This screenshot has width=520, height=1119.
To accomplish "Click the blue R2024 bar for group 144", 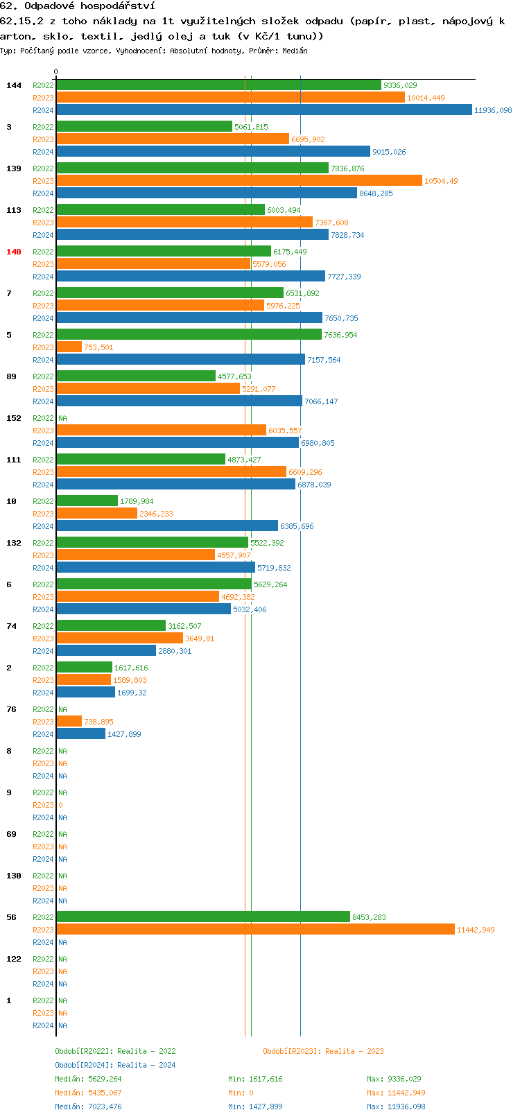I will [263, 110].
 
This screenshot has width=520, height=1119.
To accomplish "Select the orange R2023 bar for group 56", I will [255, 930].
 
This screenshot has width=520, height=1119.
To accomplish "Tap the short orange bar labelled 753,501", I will [69, 347].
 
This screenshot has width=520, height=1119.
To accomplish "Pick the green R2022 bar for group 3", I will [144, 127].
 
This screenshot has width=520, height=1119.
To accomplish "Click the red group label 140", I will [14, 252].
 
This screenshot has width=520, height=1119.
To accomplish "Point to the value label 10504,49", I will [441, 181].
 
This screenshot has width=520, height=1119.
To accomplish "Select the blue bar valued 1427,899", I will [80, 734].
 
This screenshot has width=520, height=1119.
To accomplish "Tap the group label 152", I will [14, 418].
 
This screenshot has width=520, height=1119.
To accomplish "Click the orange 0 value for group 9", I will [60, 805].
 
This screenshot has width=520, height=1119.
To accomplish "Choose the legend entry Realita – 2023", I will [323, 1051].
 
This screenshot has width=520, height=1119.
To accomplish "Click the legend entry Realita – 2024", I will [115, 1065].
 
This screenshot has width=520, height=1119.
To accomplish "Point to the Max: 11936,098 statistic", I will [396, 1107].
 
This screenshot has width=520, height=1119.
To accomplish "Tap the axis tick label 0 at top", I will [56, 71].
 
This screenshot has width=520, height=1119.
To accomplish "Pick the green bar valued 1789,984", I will [87, 501].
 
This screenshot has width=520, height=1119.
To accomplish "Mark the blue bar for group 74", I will [106, 651].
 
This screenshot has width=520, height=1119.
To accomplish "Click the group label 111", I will [14, 460].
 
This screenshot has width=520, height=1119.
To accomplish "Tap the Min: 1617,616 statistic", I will [255, 1079].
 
